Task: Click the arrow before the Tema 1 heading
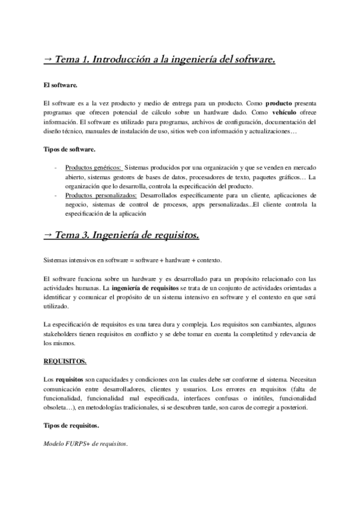coord(47,59)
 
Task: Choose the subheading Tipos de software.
coord(69,149)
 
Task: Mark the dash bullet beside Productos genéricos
coord(55,167)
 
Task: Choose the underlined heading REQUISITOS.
coord(65,361)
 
